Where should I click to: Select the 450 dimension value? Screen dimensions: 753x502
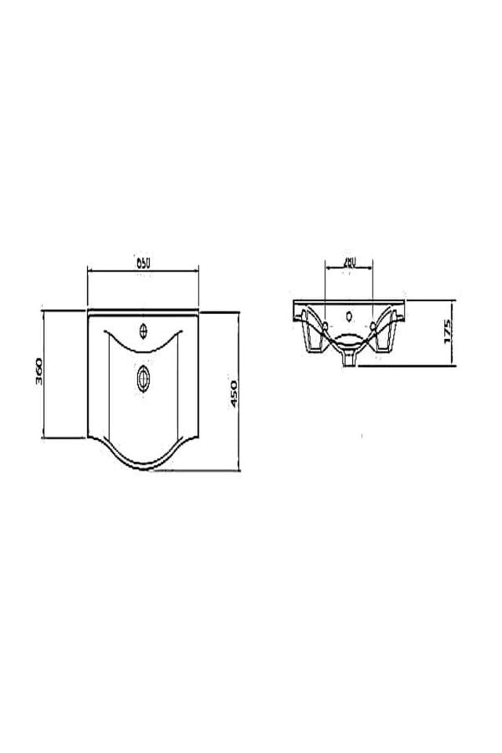point(232,391)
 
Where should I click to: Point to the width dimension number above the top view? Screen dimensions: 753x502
point(143,264)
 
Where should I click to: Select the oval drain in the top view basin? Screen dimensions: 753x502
point(143,378)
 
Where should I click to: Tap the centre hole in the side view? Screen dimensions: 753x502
point(349,318)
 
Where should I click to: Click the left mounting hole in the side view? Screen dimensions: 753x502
point(324,323)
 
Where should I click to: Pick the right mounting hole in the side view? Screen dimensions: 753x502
point(373,323)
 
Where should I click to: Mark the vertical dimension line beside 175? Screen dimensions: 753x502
point(454,333)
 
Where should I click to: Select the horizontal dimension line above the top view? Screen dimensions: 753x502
point(143,271)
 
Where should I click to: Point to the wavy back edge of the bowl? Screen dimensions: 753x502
point(143,346)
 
